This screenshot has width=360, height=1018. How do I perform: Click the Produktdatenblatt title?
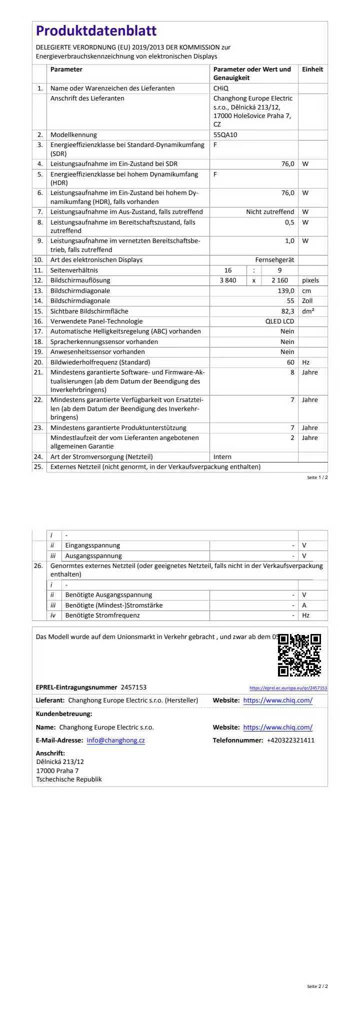(96, 31)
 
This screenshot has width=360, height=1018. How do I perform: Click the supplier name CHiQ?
(221, 88)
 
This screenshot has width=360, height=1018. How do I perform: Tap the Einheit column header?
(312, 69)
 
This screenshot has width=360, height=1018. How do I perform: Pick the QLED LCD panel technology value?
(279, 321)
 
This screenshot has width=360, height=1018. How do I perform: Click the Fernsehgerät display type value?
(274, 260)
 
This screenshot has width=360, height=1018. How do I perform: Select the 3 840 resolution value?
(228, 280)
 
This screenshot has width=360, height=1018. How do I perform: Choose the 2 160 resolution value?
(279, 280)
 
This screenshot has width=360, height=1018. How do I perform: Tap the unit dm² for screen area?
(308, 311)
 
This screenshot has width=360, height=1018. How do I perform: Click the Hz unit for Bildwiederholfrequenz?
(306, 362)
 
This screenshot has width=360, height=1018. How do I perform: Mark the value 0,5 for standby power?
(289, 222)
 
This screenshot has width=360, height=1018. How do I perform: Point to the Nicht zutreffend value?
(270, 212)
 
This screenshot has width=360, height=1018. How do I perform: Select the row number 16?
(38, 321)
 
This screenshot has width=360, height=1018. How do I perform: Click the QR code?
(299, 655)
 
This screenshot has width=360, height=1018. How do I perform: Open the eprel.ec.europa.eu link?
(288, 688)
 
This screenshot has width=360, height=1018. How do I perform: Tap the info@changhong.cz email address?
(115, 740)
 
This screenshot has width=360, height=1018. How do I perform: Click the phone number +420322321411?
(290, 740)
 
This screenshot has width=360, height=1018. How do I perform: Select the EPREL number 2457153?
(133, 687)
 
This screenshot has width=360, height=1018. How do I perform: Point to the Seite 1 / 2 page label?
(317, 477)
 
